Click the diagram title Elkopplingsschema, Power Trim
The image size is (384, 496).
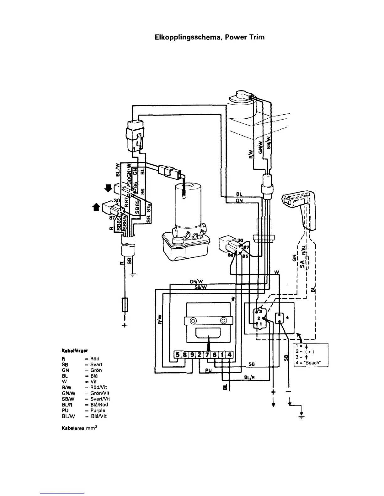[x=210, y=38]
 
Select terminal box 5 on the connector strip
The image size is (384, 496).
[x=178, y=355]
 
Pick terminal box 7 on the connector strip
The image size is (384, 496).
[x=208, y=355]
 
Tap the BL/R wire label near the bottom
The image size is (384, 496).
[x=248, y=377]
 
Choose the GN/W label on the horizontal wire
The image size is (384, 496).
[x=195, y=281]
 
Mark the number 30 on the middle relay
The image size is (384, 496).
[x=240, y=240]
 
